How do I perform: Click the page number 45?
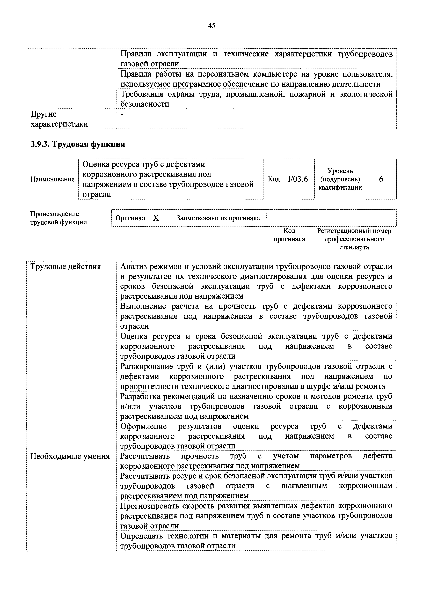211,26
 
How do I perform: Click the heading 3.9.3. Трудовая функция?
78,144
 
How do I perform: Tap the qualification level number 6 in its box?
381,179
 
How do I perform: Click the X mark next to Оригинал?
156,218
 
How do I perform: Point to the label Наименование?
52,179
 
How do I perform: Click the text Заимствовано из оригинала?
218,218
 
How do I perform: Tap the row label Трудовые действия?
66,267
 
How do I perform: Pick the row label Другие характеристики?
59,119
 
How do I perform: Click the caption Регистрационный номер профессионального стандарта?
354,239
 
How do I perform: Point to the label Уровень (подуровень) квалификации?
340,179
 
